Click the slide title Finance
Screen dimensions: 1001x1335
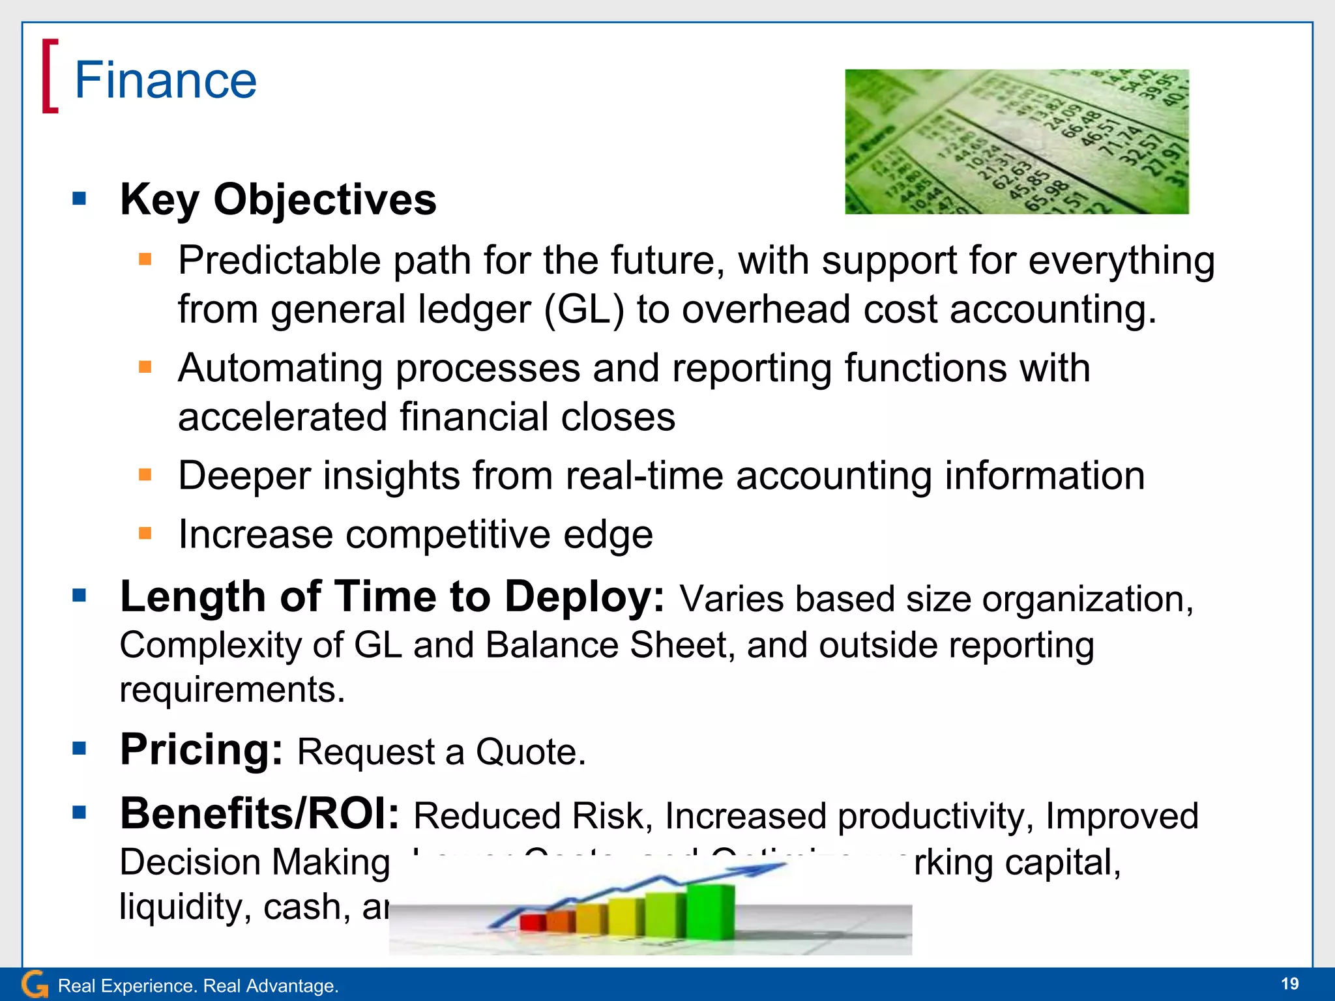click(x=166, y=80)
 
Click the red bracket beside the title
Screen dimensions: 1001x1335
click(x=50, y=76)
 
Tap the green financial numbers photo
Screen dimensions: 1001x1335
click(x=1016, y=141)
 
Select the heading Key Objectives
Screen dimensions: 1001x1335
click(x=278, y=199)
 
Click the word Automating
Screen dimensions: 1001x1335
click(x=280, y=369)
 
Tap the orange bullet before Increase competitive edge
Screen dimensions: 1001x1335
click(x=145, y=534)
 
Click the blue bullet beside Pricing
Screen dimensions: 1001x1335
click(x=80, y=748)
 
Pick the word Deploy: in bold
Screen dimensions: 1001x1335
click(x=584, y=597)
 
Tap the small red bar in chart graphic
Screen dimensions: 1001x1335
click(x=532, y=921)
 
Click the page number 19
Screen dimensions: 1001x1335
click(x=1289, y=983)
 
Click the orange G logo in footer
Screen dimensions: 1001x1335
click(x=34, y=984)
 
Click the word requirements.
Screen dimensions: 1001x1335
click(x=231, y=690)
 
